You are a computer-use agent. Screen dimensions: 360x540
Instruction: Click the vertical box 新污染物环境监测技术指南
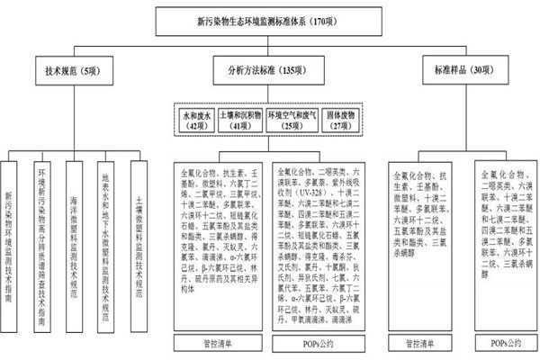[x=9, y=220]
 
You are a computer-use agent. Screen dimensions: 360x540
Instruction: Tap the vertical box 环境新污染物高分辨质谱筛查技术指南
[x=42, y=220]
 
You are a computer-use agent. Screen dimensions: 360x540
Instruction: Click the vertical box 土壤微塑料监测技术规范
[x=139, y=220]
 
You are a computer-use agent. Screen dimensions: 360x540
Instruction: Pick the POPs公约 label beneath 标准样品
[x=506, y=342]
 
